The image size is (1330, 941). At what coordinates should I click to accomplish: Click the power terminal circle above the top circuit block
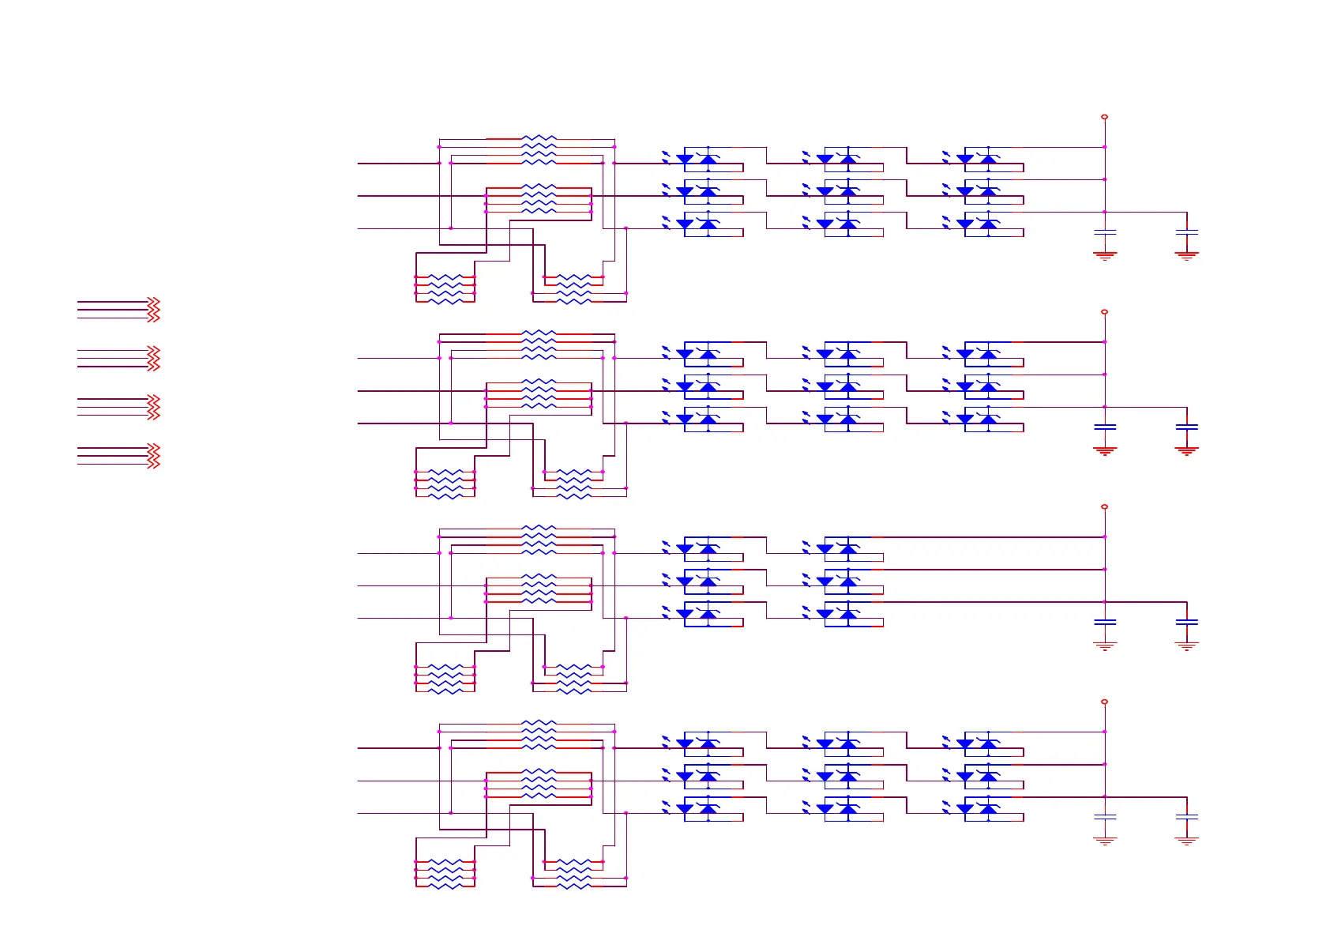(x=1104, y=117)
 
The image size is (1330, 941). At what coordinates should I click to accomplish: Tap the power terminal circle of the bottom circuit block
(x=1104, y=702)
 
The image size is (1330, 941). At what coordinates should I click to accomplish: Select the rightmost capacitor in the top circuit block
(x=1186, y=232)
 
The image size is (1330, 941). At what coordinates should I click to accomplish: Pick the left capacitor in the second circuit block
(x=1104, y=427)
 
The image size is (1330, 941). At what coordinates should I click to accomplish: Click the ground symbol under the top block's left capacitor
(x=1104, y=255)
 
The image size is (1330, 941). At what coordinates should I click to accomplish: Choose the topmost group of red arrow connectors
(x=153, y=309)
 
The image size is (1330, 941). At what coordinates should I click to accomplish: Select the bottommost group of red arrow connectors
(x=153, y=456)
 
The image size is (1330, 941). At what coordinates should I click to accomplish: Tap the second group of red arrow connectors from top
(x=153, y=358)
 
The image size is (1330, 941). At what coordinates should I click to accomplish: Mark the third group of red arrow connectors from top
(x=153, y=407)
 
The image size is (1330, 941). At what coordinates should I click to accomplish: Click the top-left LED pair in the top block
(x=697, y=158)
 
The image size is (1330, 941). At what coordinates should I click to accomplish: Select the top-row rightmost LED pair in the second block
(x=977, y=353)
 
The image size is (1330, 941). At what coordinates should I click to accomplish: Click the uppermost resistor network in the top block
(x=539, y=150)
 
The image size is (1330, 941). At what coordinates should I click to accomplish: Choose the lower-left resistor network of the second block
(x=445, y=484)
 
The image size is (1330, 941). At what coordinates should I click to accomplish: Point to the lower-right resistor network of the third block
(x=573, y=679)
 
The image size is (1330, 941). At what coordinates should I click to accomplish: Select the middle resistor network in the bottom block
(x=539, y=783)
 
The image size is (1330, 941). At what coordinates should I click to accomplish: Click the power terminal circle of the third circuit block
(x=1104, y=506)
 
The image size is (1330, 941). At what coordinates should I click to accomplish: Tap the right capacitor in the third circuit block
(x=1186, y=622)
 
